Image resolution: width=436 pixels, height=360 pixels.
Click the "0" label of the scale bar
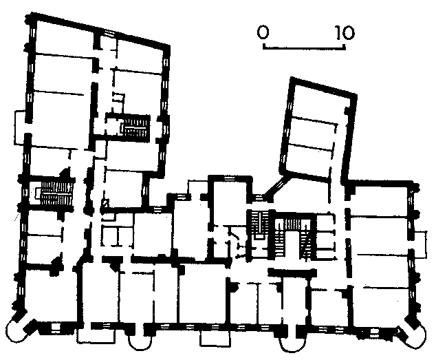point(263,32)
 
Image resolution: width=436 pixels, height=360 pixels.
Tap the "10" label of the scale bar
point(345,32)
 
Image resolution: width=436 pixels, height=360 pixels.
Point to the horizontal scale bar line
point(304,49)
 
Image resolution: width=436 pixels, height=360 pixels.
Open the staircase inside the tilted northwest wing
point(135,127)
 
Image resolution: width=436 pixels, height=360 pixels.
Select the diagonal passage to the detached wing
point(276,187)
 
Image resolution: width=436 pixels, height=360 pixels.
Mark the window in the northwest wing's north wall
point(108,33)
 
